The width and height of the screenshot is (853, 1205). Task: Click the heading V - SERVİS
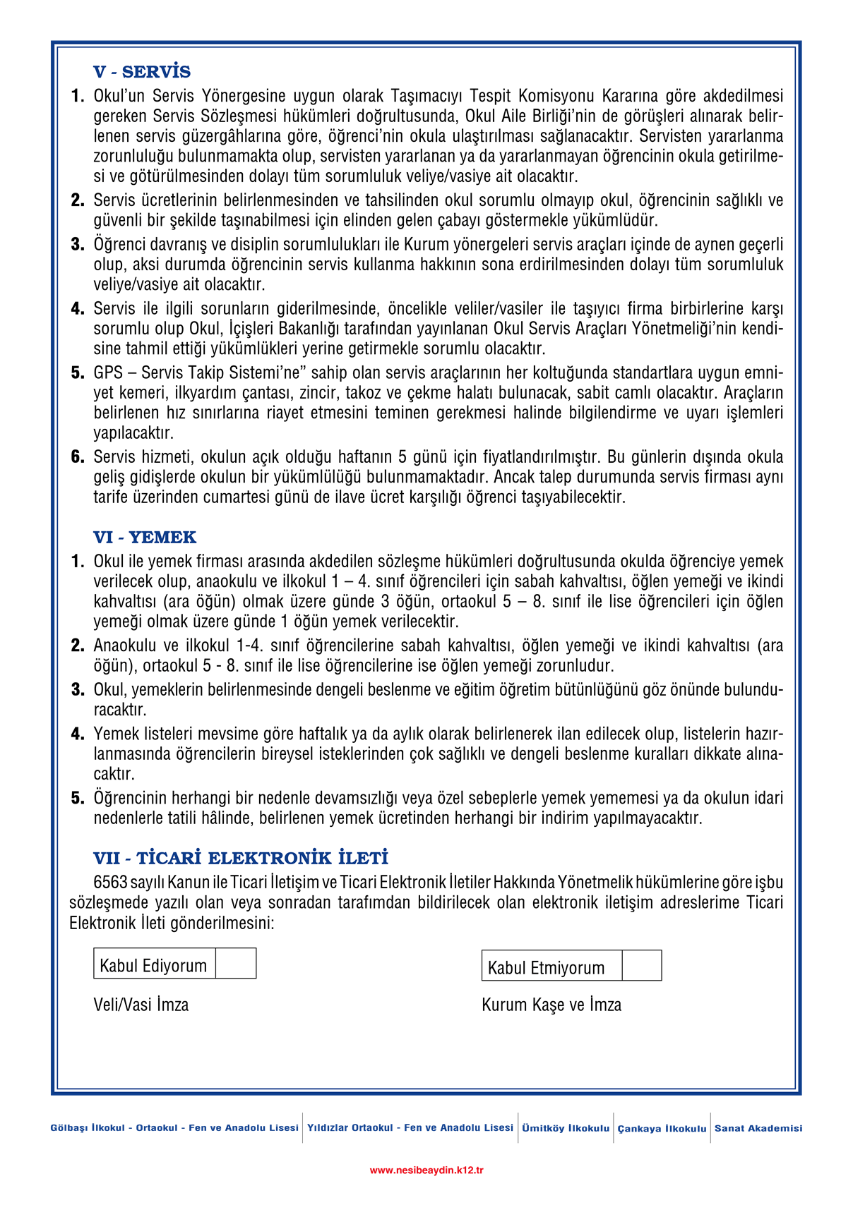click(x=142, y=72)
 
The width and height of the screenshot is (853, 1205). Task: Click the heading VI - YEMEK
click(x=145, y=538)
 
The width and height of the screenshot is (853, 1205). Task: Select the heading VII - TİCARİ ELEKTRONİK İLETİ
click(x=241, y=859)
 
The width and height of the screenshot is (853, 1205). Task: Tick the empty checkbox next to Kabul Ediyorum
click(x=236, y=964)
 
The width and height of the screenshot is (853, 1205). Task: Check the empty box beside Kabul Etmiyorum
click(x=642, y=966)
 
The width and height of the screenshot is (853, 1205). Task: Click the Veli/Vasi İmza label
click(x=141, y=1005)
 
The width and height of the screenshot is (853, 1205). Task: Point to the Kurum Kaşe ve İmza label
click(x=551, y=1005)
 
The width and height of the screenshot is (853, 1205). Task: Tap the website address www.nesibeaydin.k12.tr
click(x=426, y=1170)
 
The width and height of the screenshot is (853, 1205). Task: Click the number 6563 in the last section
click(x=111, y=883)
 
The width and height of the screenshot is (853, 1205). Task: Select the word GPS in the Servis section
click(x=108, y=373)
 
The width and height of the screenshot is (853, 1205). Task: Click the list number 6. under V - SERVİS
click(x=78, y=456)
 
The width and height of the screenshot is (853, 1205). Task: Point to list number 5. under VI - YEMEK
click(x=78, y=798)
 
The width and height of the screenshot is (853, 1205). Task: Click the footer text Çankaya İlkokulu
click(x=662, y=1129)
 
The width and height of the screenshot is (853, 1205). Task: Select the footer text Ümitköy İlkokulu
click(x=566, y=1128)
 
